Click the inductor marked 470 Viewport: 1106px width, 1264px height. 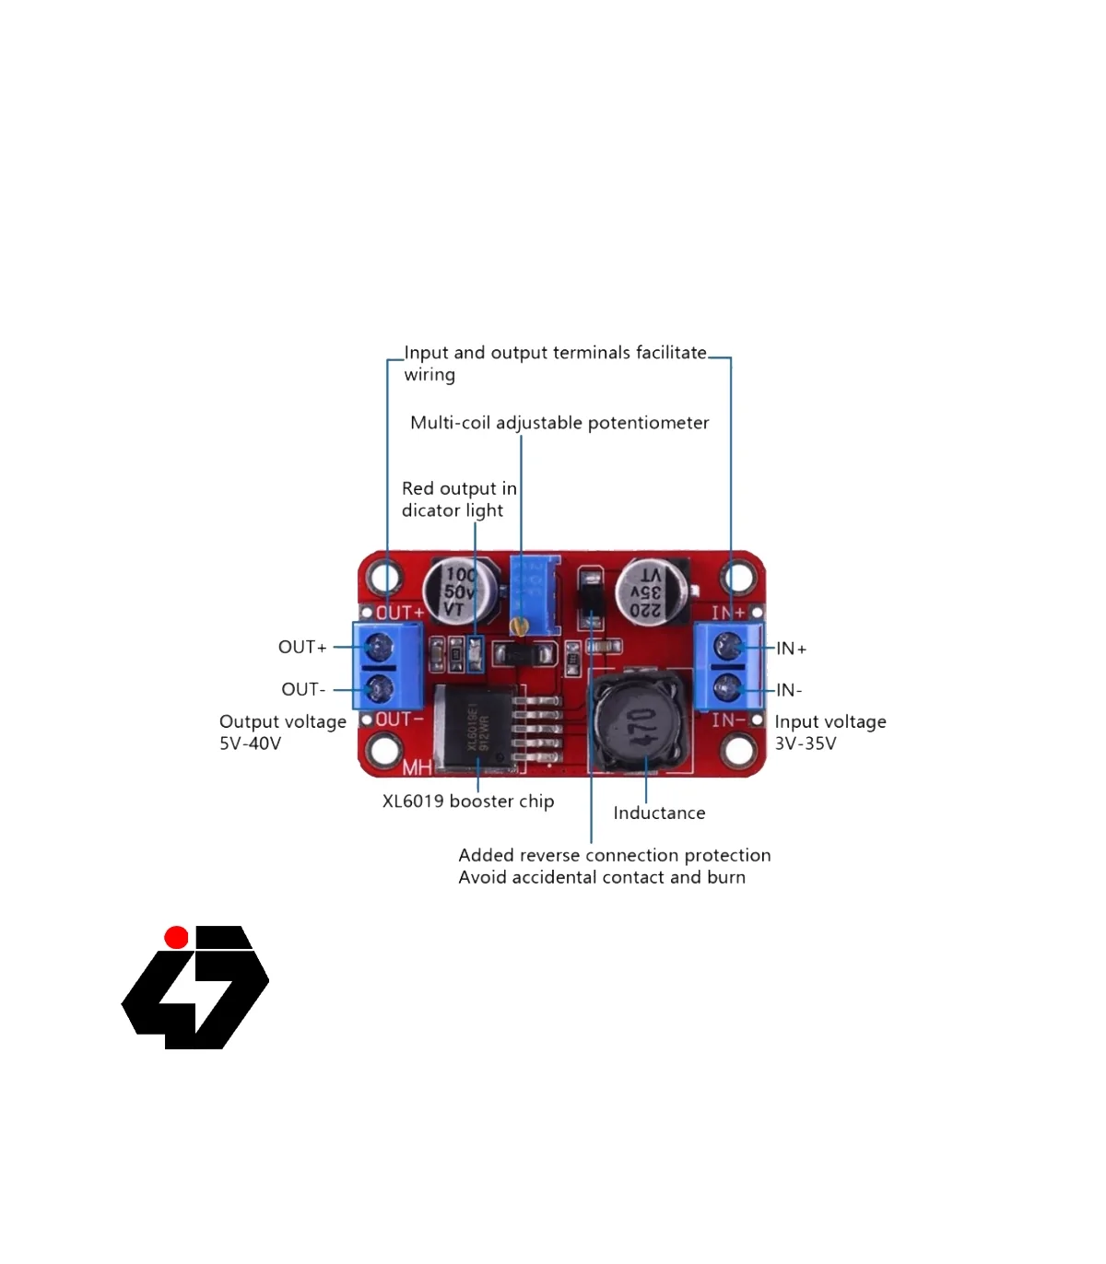[x=640, y=723]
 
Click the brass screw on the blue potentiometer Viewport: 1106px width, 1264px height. [x=519, y=627]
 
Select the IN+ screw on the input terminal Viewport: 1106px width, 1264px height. [x=727, y=646]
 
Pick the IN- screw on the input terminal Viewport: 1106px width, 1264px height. [x=727, y=687]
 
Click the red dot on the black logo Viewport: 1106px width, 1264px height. [x=176, y=938]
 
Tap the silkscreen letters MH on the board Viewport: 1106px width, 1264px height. [x=416, y=766]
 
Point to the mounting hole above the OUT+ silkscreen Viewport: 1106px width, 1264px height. [x=384, y=578]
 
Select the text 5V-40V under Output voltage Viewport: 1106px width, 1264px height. [x=250, y=743]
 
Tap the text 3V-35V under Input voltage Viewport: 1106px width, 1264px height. [x=805, y=743]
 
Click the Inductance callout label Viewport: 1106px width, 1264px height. [x=659, y=813]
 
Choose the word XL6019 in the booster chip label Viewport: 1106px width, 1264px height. [x=413, y=802]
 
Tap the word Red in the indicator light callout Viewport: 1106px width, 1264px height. [x=418, y=488]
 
